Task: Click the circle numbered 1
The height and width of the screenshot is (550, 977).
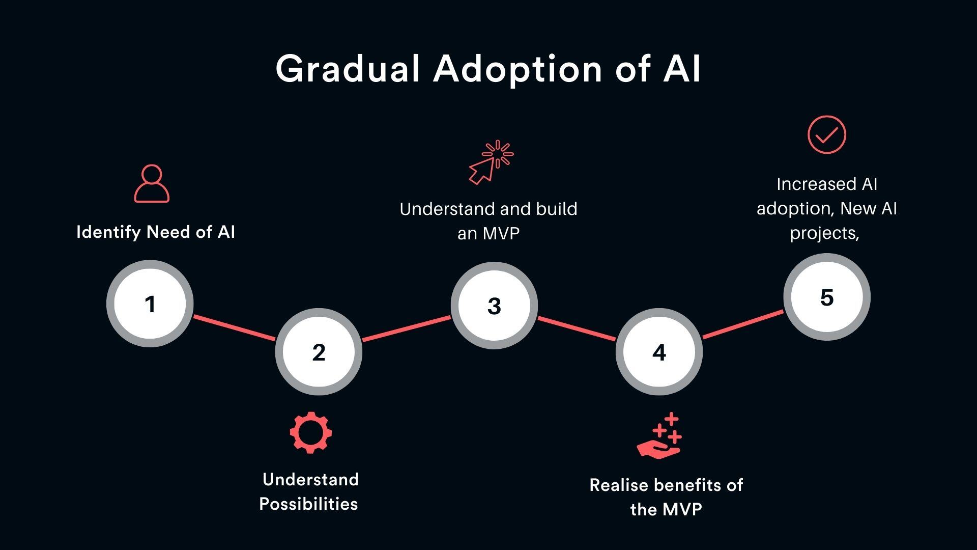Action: click(x=150, y=304)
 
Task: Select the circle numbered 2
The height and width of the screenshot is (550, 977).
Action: click(x=319, y=352)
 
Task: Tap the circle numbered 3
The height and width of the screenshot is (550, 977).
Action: click(x=494, y=306)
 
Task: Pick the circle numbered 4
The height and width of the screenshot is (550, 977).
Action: click(x=659, y=352)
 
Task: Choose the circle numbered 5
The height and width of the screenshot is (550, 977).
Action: click(x=827, y=297)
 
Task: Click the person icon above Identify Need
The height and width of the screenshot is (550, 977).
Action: click(x=152, y=184)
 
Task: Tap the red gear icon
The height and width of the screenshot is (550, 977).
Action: click(x=311, y=433)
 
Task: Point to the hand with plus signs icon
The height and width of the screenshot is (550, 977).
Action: click(x=659, y=436)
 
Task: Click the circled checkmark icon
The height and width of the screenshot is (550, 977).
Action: click(x=827, y=134)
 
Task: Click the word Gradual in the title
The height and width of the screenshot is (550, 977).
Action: click(x=348, y=69)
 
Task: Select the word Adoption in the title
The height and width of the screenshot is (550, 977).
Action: click(x=518, y=69)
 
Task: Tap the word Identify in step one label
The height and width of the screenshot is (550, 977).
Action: click(x=108, y=232)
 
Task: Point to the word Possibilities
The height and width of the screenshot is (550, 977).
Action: click(x=308, y=504)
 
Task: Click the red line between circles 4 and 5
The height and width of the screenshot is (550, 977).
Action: click(x=743, y=324)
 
